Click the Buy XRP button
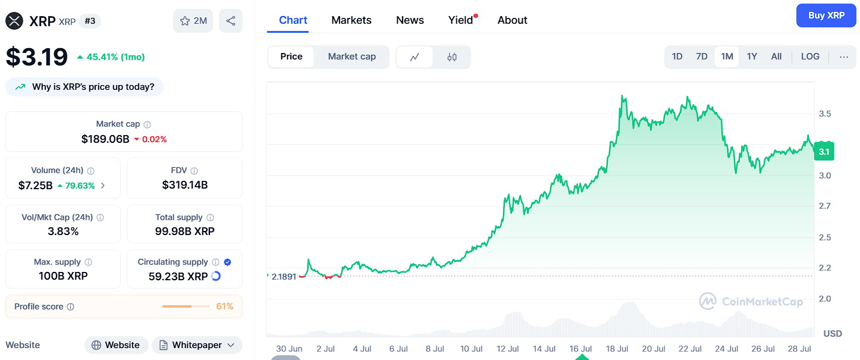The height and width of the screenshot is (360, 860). (x=826, y=15)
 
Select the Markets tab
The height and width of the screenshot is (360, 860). (x=351, y=20)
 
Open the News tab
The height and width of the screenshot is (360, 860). (x=410, y=20)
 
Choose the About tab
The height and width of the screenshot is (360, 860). (x=512, y=20)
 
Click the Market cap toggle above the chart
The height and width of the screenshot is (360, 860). (x=351, y=57)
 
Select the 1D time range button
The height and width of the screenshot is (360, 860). (x=677, y=57)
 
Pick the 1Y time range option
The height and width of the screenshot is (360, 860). (x=752, y=57)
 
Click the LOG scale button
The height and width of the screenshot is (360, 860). (x=810, y=57)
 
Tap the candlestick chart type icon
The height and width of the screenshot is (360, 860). (x=452, y=57)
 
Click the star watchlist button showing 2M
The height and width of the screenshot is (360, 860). (x=193, y=21)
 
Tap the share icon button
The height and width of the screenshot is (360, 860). (x=231, y=21)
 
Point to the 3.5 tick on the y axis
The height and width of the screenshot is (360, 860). (x=825, y=114)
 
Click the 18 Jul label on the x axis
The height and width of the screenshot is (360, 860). (x=617, y=349)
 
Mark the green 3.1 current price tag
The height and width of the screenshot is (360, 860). (x=824, y=151)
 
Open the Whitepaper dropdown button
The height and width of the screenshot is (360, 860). (x=197, y=345)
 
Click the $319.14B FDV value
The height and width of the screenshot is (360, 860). (x=185, y=185)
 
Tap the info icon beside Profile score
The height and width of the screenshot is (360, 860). (x=71, y=306)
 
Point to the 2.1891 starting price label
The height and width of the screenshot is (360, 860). (x=284, y=277)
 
